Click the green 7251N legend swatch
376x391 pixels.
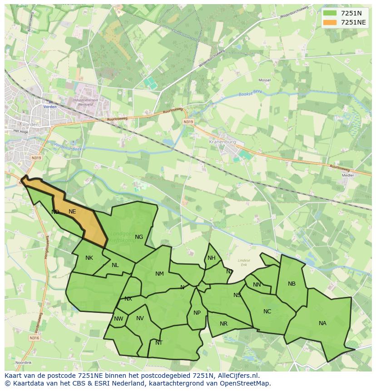point(330,13)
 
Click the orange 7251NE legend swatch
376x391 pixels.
point(330,22)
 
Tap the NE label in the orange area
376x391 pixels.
point(72,212)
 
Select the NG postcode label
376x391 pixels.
point(139,237)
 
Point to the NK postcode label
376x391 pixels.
point(89,258)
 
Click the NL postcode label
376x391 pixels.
point(115,265)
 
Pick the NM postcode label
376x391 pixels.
point(159,274)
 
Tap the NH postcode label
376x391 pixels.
point(212,258)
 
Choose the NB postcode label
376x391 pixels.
point(292,284)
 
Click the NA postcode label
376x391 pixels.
point(322,323)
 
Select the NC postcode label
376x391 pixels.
point(267,312)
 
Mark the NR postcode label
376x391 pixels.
point(223,324)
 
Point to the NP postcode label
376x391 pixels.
point(197,313)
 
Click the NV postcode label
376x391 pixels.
point(140,318)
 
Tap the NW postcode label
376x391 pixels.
point(119,319)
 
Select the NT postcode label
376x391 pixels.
point(159,343)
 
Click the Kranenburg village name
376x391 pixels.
point(223,142)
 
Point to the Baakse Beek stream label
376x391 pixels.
point(251,94)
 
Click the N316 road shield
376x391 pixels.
point(35,338)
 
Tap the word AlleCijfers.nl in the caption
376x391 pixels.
point(237,376)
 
